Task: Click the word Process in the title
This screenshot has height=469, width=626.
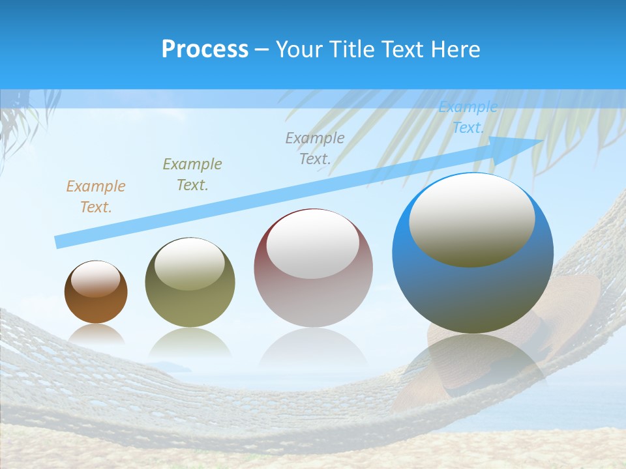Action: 205,50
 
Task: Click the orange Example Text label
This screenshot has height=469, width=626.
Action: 95,197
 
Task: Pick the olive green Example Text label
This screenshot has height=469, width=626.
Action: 192,175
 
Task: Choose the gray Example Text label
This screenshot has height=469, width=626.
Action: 315,148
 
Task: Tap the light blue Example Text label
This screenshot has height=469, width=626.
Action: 468,117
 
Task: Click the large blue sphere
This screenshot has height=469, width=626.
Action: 473,293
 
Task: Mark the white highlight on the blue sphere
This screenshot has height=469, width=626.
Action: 472,220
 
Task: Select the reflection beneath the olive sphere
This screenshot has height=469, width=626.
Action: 190,342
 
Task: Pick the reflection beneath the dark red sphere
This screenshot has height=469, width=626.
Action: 313,348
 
